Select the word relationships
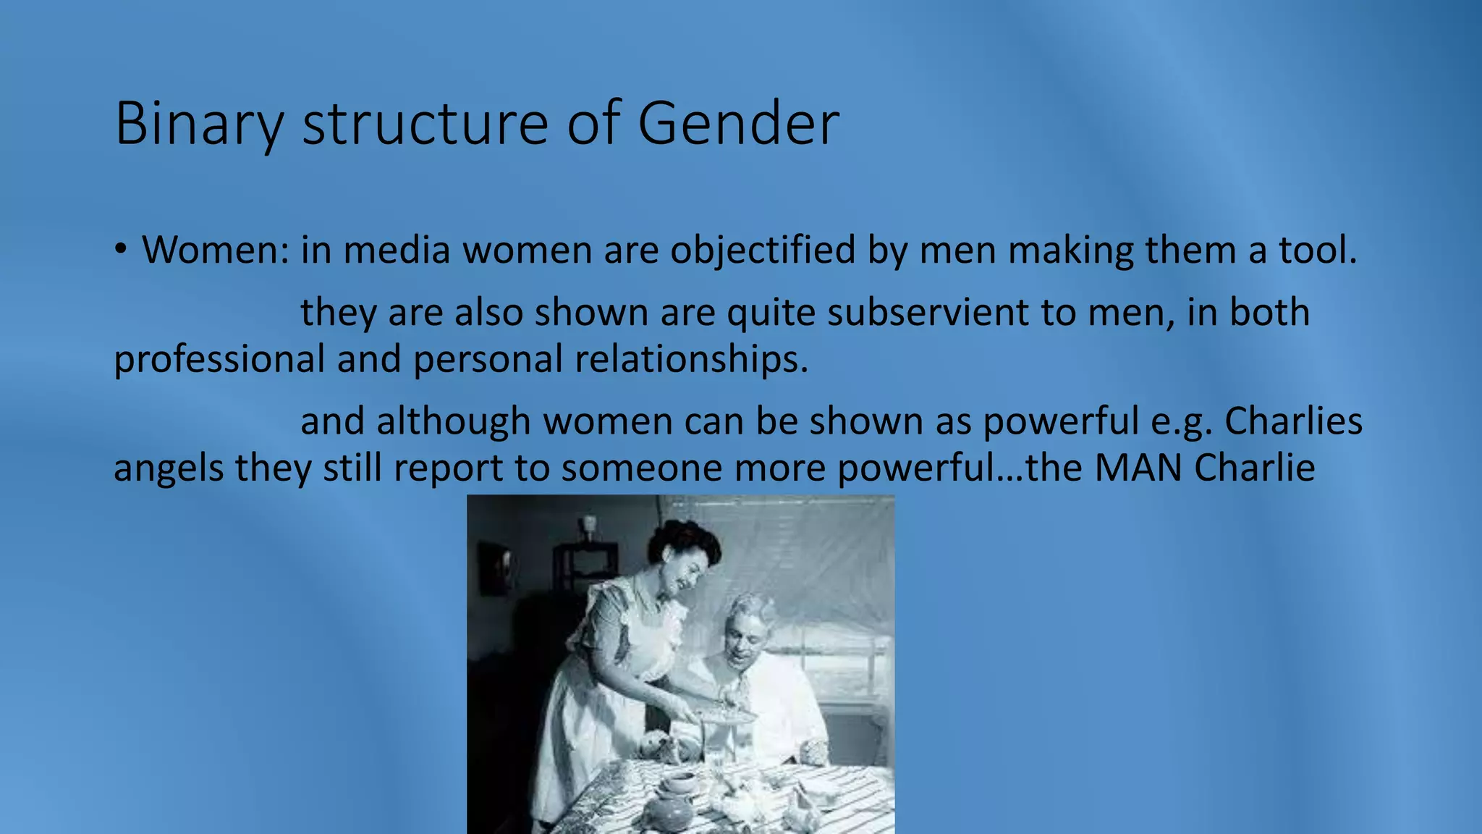point(691,359)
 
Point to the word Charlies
point(1293,421)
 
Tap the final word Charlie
point(1254,468)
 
